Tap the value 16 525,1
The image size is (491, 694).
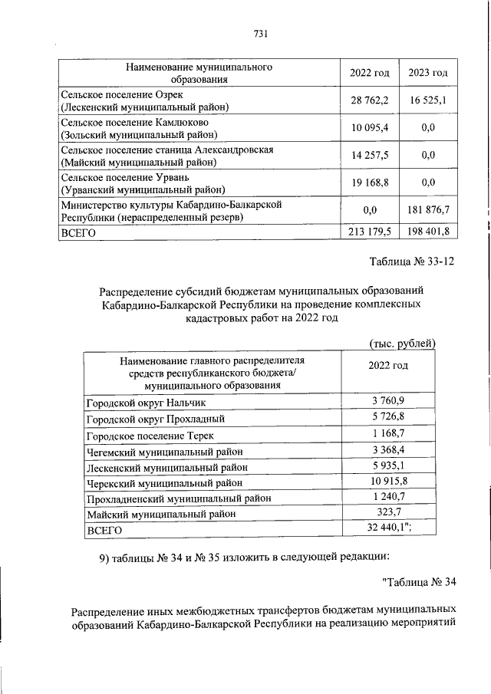tap(429, 100)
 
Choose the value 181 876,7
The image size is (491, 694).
tap(429, 209)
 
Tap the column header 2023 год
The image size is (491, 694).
tap(429, 73)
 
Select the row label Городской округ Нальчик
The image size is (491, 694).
tap(146, 403)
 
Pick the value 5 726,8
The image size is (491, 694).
tap(389, 419)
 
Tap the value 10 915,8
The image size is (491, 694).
tap(389, 482)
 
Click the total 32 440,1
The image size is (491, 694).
tap(390, 529)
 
